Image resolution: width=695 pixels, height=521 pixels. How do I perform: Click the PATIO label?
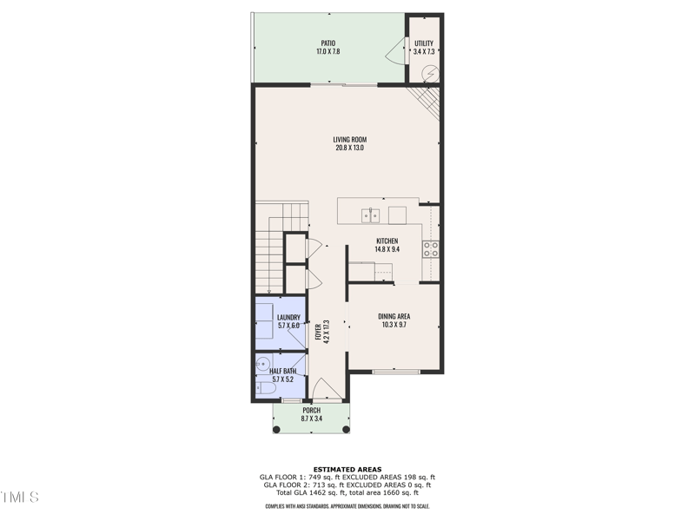point(328,43)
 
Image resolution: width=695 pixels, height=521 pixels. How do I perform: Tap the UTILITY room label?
point(423,43)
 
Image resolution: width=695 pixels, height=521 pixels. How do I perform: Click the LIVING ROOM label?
point(349,139)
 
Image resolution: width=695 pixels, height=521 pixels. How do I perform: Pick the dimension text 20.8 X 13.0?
point(349,148)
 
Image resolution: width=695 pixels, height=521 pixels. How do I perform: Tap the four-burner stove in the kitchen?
point(431,249)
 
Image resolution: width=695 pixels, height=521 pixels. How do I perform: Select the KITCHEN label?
point(387,241)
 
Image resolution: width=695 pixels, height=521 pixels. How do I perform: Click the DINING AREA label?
point(394,316)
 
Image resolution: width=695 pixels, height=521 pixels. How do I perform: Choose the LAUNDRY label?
point(288,317)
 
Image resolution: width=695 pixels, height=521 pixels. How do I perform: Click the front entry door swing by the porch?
point(322,388)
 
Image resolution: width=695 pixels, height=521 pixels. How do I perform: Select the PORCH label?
point(311,410)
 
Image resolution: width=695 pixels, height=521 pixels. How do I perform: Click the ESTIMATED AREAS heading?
point(347,470)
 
